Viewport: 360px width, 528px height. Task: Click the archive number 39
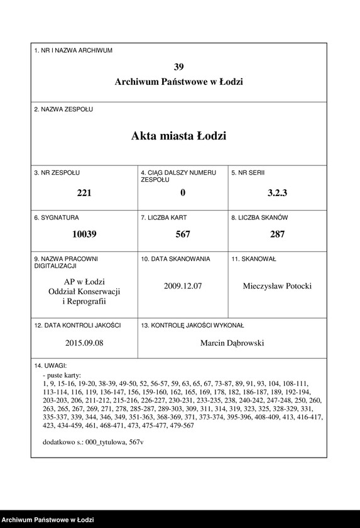(x=179, y=67)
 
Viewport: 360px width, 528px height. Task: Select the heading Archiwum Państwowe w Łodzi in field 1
(x=179, y=82)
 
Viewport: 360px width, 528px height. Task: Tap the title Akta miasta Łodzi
(x=179, y=136)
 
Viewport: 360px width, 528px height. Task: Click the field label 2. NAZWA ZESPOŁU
(x=63, y=109)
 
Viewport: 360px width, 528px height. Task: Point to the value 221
(x=84, y=193)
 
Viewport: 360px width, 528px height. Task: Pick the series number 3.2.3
(x=277, y=193)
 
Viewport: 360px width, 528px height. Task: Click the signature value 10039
(x=84, y=234)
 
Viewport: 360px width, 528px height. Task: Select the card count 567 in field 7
(x=183, y=234)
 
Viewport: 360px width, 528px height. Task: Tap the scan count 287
(x=277, y=234)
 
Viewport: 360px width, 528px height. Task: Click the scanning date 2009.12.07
(x=183, y=286)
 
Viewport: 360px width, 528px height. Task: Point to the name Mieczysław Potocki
(x=277, y=286)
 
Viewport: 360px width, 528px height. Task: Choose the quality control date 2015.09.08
(x=84, y=343)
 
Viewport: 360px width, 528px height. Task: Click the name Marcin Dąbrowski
(x=232, y=343)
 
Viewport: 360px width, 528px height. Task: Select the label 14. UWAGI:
(x=50, y=365)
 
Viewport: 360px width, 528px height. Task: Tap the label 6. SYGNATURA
(x=57, y=217)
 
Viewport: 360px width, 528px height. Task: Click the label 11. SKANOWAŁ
(x=254, y=259)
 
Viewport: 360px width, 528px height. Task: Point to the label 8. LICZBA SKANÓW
(x=259, y=217)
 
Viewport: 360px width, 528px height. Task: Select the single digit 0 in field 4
(x=183, y=193)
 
